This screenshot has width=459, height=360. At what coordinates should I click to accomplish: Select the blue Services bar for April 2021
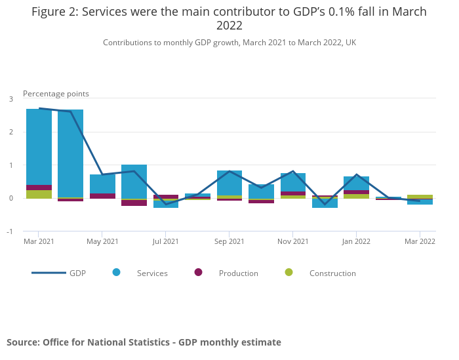(x=70, y=153)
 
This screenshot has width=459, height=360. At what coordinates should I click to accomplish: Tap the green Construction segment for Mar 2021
(x=39, y=194)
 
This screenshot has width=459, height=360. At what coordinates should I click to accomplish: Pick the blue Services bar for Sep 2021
(x=229, y=182)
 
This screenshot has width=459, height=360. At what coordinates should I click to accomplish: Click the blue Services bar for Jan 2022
(x=356, y=183)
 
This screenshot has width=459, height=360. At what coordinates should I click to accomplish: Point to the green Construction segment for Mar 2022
(x=420, y=196)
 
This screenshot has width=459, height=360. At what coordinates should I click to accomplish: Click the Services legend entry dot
(x=116, y=272)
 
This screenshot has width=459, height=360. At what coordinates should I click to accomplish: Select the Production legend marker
(x=198, y=272)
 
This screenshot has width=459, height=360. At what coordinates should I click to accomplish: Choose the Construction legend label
(x=332, y=273)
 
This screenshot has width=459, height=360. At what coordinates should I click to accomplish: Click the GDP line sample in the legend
(x=49, y=273)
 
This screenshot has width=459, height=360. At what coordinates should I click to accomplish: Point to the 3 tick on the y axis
(x=11, y=99)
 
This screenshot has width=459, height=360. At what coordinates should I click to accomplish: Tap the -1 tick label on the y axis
(x=10, y=231)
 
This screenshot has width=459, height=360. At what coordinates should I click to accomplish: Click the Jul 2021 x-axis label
(x=166, y=242)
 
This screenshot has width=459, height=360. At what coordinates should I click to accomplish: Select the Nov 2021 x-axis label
(x=293, y=242)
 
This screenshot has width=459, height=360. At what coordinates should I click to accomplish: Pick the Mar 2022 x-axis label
(x=420, y=242)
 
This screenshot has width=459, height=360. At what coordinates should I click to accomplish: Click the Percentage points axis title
(x=56, y=94)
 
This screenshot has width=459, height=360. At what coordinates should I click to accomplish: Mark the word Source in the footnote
(x=23, y=342)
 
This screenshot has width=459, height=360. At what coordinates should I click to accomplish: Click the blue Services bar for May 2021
(x=102, y=184)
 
